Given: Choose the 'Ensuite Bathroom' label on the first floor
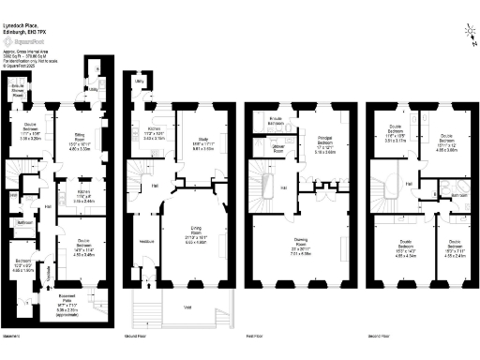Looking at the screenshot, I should (277, 120).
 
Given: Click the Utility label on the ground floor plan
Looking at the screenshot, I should (137, 82).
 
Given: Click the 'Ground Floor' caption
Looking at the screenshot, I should (137, 336).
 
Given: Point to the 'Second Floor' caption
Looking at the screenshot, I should (379, 336).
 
